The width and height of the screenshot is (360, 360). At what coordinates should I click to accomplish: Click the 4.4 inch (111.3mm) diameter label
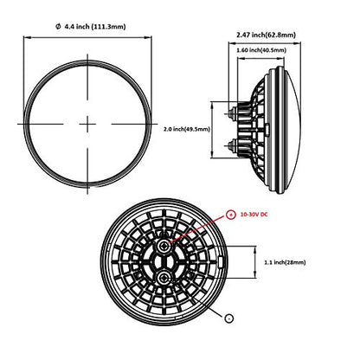(95, 27)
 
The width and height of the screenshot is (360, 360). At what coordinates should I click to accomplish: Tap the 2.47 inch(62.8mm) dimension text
(266, 35)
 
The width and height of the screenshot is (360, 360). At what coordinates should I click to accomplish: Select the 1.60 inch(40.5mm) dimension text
(261, 50)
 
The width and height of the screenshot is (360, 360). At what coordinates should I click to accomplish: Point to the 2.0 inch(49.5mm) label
(187, 129)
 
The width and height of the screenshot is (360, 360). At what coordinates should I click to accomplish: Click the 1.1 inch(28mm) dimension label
(285, 262)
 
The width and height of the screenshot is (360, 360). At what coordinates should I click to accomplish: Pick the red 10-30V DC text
(254, 215)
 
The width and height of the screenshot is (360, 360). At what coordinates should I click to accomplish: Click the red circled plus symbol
(230, 215)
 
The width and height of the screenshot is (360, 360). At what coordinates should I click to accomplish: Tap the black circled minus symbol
(229, 318)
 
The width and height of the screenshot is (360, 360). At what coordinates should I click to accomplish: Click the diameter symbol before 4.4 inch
(58, 27)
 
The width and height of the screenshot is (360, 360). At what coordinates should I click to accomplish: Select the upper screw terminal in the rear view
(164, 246)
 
